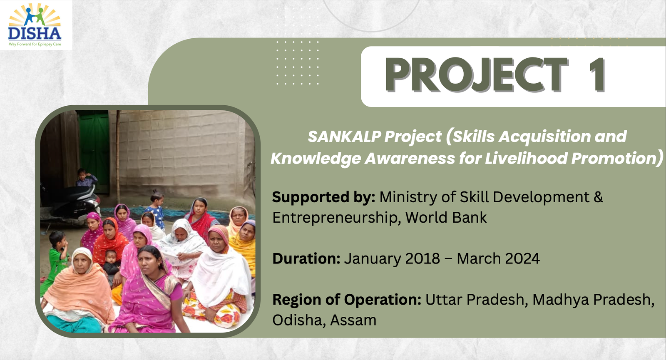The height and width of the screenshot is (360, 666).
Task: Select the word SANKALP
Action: coord(344,137)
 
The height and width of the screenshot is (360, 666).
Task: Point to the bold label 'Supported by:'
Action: coord(323,197)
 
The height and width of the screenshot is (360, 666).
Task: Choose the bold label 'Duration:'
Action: coord(306,258)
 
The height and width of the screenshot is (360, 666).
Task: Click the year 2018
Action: coord(422,258)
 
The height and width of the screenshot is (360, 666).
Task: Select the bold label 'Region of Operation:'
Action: coord(347,300)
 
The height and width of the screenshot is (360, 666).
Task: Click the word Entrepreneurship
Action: coord(336,218)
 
